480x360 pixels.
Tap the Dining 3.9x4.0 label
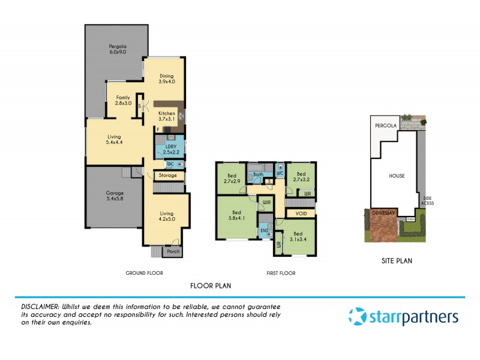pos(167,78)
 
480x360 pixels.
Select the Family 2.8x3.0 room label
pos(123,100)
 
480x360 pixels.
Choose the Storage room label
pos(168,176)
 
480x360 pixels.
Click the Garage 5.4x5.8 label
pos(113,196)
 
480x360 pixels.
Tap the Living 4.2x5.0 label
pos(167,216)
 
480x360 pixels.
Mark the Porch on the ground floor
pos(173,252)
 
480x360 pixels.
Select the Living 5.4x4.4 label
pos(114,139)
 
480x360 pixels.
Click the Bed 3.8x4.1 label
pos(237,215)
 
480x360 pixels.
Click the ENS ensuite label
pos(264,231)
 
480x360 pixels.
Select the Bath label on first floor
pos(258,175)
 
